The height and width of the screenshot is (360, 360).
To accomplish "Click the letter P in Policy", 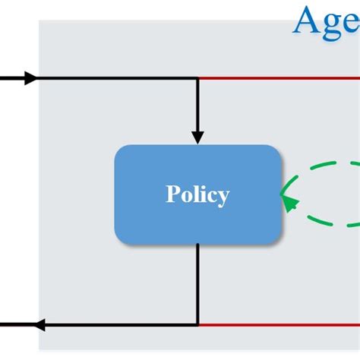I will [172, 194].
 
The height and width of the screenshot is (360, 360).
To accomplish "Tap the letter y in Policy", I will [223, 197].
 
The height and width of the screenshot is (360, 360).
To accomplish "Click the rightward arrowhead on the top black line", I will [30, 77].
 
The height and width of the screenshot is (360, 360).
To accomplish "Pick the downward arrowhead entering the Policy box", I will [197, 137].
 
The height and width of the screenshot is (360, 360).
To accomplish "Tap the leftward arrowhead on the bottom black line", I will [39, 325].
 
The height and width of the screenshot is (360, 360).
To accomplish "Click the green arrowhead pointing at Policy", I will [289, 201].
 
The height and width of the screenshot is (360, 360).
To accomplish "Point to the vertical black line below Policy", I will [197, 285].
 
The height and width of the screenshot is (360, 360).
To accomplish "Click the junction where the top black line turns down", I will [197, 77].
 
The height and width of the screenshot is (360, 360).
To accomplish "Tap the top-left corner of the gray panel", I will [40, 21].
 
